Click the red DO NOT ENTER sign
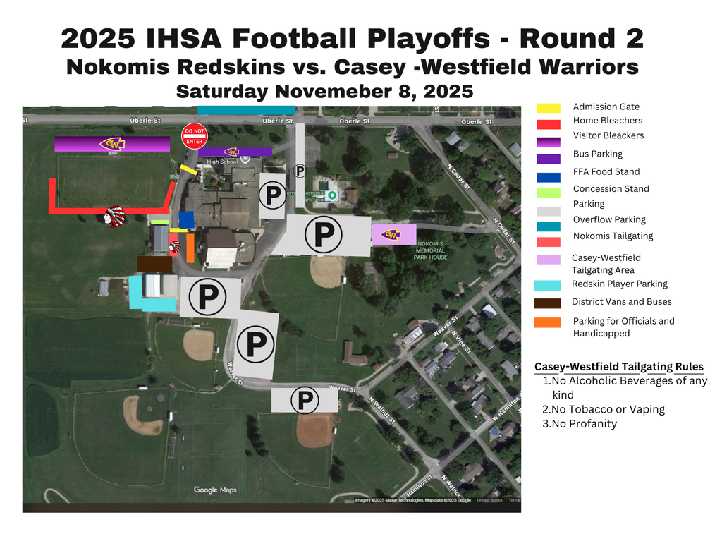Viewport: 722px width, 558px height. (194, 136)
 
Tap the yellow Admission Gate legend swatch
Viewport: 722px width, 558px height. (549, 108)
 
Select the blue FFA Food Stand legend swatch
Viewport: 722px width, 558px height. (549, 177)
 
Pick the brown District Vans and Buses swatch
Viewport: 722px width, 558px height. (549, 303)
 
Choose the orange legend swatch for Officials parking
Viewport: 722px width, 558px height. (549, 322)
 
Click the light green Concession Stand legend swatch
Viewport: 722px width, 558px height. (549, 193)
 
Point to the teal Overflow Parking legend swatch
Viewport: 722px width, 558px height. (549, 226)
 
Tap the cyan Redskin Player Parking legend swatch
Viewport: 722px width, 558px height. (549, 286)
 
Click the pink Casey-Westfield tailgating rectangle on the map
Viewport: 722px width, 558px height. (393, 235)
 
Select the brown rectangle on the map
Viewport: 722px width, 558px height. (154, 264)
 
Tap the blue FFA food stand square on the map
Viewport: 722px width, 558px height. (186, 219)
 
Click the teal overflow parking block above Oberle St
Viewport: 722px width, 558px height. (246, 109)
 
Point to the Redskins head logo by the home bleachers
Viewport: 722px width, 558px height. (114, 216)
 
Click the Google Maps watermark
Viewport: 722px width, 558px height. (215, 490)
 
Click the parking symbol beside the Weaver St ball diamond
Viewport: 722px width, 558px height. (305, 401)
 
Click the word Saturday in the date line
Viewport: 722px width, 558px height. (222, 92)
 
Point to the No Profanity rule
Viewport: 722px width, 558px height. (579, 424)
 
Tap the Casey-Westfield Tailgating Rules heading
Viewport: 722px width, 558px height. (618, 367)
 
